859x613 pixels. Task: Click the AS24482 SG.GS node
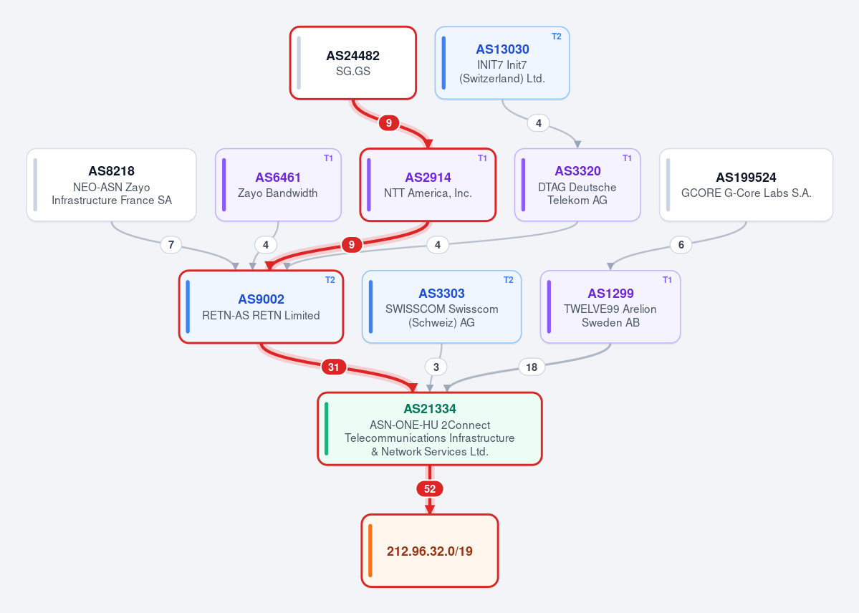pos(352,63)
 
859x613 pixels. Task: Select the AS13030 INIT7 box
pos(502,63)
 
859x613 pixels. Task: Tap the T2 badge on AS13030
pos(556,37)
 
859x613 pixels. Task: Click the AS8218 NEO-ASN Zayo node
pos(111,185)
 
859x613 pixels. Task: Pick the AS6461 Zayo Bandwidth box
pos(278,185)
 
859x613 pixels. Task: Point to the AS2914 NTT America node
pos(428,185)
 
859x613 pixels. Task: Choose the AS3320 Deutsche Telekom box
pos(577,185)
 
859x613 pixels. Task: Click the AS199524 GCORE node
pos(746,185)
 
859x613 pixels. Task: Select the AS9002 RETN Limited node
pos(261,306)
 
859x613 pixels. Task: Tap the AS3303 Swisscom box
pos(441,306)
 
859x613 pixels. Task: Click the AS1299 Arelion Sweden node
pos(610,306)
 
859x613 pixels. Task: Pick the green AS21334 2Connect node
pos(430,429)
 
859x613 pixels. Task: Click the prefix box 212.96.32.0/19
pos(430,551)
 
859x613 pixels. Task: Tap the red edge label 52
pos(430,488)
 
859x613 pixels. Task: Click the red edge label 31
pos(334,367)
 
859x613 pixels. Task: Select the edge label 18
pos(532,367)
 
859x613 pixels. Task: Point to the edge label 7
pos(171,245)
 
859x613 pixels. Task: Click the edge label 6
pos(681,245)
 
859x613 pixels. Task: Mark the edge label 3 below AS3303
pos(436,367)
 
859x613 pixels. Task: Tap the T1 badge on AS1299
pos(667,281)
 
